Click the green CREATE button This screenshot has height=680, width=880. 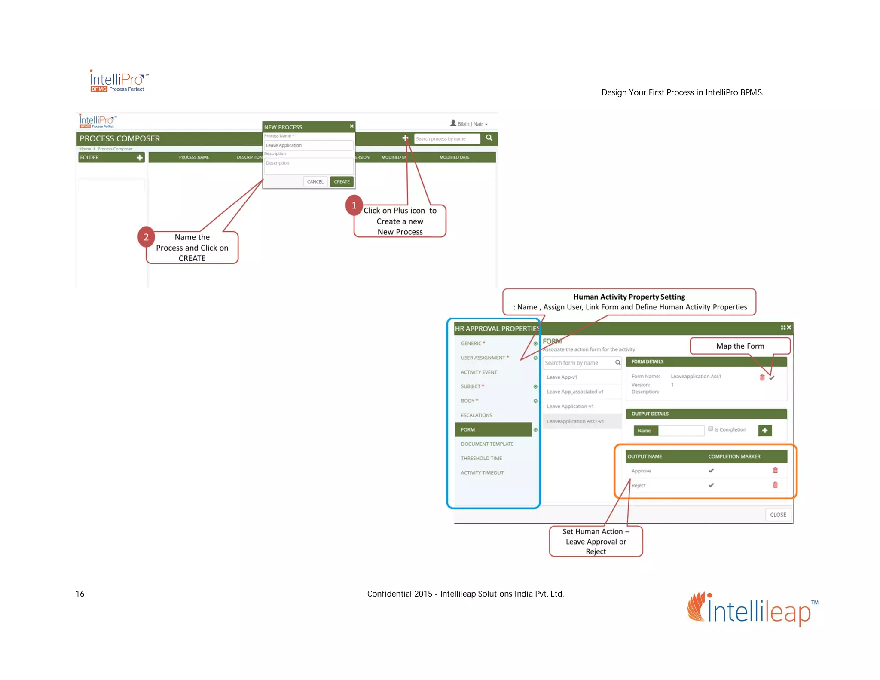pyautogui.click(x=342, y=182)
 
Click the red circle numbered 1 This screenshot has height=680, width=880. pyautogui.click(x=354, y=205)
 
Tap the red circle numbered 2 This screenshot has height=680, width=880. pyautogui.click(x=146, y=237)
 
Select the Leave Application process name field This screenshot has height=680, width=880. pyautogui.click(x=308, y=145)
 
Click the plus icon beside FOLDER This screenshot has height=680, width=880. pyautogui.click(x=140, y=158)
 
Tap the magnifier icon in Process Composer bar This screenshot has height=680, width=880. pyautogui.click(x=489, y=138)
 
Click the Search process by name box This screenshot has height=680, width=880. pyautogui.click(x=446, y=139)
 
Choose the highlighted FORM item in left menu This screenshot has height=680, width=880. pyautogui.click(x=493, y=429)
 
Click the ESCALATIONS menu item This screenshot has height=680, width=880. pyautogui.click(x=477, y=415)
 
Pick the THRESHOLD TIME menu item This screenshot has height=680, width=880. pyautogui.click(x=481, y=458)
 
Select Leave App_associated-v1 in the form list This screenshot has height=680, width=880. pyautogui.click(x=575, y=392)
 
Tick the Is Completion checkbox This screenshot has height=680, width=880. pyautogui.click(x=711, y=429)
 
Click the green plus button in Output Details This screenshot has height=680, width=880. pyautogui.click(x=765, y=430)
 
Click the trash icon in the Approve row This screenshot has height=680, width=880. pyautogui.click(x=775, y=470)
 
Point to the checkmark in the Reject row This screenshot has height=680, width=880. pyautogui.click(x=711, y=485)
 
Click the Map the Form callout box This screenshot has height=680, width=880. pyautogui.click(x=740, y=346)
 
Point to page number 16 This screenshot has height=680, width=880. pyautogui.click(x=80, y=594)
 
